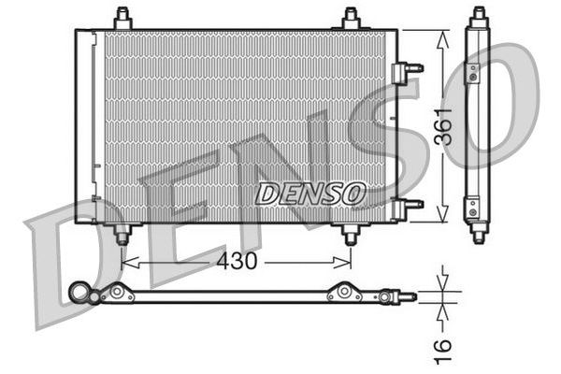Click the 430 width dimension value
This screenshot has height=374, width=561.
tap(237, 262)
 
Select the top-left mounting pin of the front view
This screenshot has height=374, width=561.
tap(122, 19)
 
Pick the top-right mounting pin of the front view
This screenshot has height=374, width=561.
tap(351, 19)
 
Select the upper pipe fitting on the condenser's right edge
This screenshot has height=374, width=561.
tap(408, 71)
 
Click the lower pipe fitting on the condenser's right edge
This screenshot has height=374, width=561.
tap(408, 206)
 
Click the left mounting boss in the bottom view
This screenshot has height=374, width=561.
tap(118, 293)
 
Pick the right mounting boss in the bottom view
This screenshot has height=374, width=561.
tap(345, 293)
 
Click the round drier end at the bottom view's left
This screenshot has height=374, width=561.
tap(78, 294)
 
